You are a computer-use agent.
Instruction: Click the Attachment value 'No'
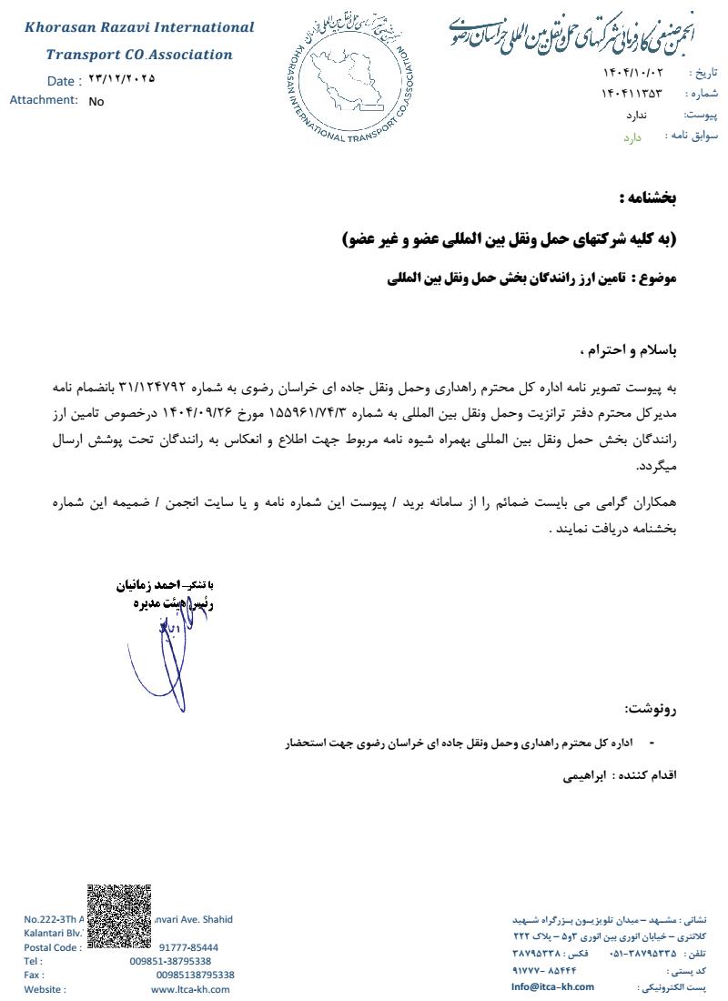tap(96, 102)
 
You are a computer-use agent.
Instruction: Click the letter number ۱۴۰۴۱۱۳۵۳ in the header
tap(632, 93)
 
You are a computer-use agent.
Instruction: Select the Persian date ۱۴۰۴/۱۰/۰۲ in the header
tap(632, 72)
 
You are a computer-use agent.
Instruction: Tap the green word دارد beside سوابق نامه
tap(632, 136)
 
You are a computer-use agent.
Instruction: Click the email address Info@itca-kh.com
tap(552, 986)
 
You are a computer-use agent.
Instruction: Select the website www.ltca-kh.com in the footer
tap(183, 989)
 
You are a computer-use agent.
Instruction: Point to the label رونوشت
tap(652, 710)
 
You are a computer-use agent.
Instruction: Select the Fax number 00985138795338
tap(195, 975)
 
